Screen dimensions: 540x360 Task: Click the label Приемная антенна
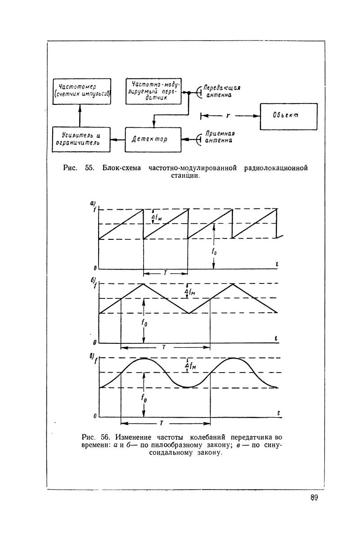coord(220,137)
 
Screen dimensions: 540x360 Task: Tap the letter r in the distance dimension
coord(228,116)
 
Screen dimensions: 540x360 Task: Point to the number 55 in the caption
coord(89,168)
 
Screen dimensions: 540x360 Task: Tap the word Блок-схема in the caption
coord(120,168)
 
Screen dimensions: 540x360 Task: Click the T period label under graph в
coord(161,423)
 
